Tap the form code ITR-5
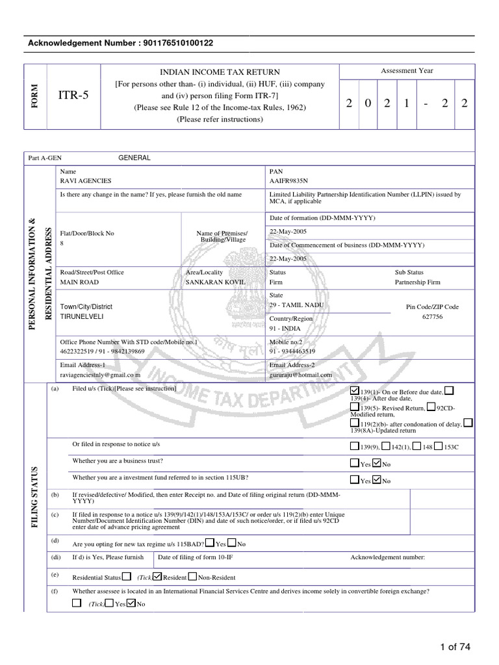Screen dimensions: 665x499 click(73, 95)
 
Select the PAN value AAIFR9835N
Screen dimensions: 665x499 click(288, 180)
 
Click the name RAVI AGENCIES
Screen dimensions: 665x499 click(85, 180)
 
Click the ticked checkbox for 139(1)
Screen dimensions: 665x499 click(354, 390)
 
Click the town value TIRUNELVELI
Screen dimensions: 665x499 click(82, 317)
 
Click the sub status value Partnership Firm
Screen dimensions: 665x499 click(417, 282)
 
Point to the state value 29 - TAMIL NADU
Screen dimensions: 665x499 click(296, 305)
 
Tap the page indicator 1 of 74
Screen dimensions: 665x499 click(455, 646)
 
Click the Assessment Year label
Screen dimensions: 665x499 click(407, 71)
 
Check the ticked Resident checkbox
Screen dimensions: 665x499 click(157, 577)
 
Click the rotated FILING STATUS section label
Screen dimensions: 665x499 click(36, 497)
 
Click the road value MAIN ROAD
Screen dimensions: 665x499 click(79, 282)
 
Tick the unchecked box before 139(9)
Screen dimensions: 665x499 click(354, 446)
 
